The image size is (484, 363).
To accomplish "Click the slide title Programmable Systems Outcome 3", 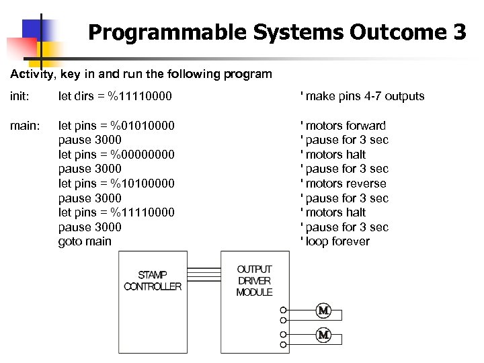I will pyautogui.click(x=276, y=32).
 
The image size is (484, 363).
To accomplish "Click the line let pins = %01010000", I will pyautogui.click(x=116, y=126).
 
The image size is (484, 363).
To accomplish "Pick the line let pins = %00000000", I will pyautogui.click(x=116, y=155).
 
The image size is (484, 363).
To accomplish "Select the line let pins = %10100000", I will pyautogui.click(x=116, y=184).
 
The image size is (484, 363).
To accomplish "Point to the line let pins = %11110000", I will pyautogui.click(x=116, y=212).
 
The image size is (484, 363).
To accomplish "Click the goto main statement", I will pyautogui.click(x=85, y=241).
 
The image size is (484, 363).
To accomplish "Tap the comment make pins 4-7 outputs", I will pyautogui.click(x=362, y=96).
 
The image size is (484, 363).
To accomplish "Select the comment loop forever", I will pyautogui.click(x=335, y=241).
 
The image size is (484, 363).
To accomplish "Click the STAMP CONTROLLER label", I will pyautogui.click(x=153, y=280).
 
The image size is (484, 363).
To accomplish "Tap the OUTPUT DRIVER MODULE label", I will pyautogui.click(x=254, y=280).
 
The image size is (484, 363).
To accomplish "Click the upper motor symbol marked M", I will pyautogui.click(x=323, y=311).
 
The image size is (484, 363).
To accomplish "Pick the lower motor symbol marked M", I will pyautogui.click(x=323, y=334).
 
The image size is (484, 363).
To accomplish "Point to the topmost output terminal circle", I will pyautogui.click(x=284, y=311).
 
